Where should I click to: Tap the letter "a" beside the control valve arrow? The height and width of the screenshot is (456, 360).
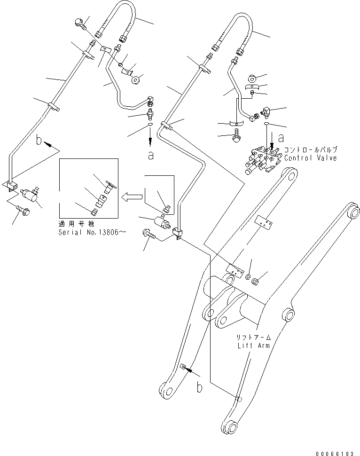tap(281, 139)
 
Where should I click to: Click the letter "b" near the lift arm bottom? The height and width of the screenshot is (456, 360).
tap(199, 388)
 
